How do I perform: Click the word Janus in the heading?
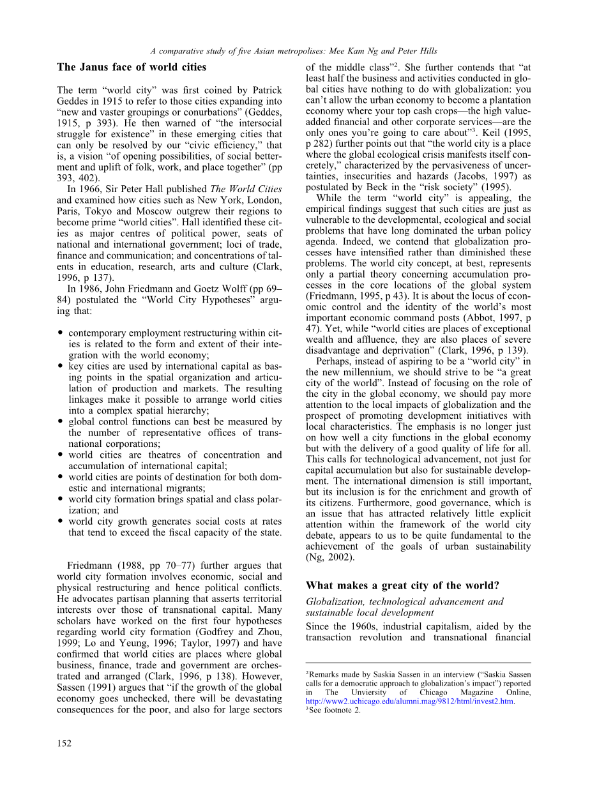(92, 67)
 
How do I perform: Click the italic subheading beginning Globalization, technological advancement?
(404, 602)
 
